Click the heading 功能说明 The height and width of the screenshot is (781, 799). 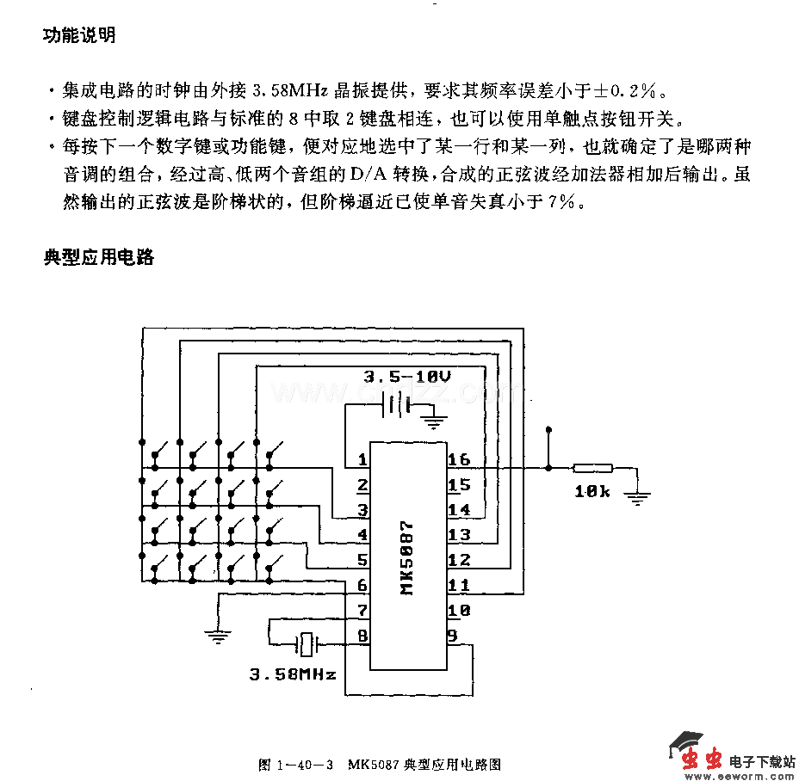coord(78,36)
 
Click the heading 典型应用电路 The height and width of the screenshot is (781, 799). coord(98,256)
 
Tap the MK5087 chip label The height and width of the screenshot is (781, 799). coord(407,557)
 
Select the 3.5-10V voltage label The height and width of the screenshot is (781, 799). coord(406,377)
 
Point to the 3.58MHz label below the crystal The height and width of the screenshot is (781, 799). coord(293,673)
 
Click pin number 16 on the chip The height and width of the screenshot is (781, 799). coord(459,459)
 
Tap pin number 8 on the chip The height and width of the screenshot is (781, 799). coord(362,636)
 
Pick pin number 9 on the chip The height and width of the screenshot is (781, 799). coord(452,636)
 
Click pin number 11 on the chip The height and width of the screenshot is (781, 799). coord(459,586)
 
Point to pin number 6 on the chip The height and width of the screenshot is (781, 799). coord(362,586)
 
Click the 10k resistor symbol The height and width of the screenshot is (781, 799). coord(593,469)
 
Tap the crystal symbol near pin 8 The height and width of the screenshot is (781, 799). coord(307,643)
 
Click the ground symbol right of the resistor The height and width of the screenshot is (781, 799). coord(638,496)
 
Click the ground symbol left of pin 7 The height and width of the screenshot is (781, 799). coord(216,637)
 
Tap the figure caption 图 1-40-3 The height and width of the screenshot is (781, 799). coord(295,764)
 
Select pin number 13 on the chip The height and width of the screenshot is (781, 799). coord(459,535)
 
